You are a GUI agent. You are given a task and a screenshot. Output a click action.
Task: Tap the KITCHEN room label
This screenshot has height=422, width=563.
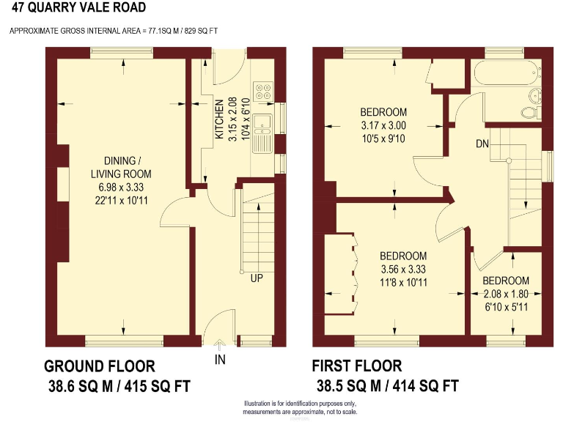click(x=218, y=121)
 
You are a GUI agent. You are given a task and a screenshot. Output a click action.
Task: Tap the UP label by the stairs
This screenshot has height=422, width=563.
click(x=256, y=278)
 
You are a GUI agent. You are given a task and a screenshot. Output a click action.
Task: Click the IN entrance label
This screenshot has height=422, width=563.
click(x=220, y=359)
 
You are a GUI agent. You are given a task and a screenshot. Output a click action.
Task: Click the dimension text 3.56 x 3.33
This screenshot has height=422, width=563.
click(x=402, y=269)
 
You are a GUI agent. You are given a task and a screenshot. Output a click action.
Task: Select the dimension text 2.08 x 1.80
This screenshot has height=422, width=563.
click(x=505, y=295)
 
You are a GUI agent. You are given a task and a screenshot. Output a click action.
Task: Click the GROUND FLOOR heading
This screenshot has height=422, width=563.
click(x=99, y=366)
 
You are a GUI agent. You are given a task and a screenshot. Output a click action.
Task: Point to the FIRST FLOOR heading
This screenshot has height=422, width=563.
click(x=357, y=366)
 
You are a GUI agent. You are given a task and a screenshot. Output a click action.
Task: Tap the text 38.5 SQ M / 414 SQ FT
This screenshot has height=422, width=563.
click(x=387, y=386)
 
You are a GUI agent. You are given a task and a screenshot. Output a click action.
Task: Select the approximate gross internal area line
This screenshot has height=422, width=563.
click(x=113, y=31)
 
